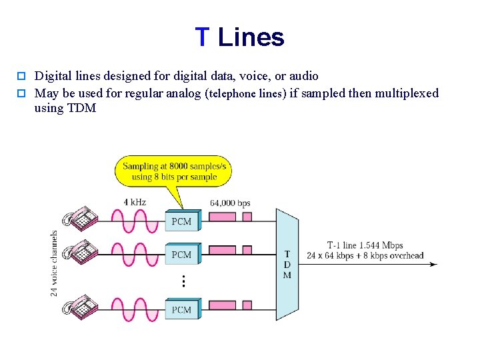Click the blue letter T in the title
coord(203,37)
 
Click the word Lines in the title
coord(251,37)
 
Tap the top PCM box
coord(181,221)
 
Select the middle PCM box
coord(181,255)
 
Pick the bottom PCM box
coord(181,309)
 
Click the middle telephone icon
coord(79,251)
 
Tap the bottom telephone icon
coord(79,306)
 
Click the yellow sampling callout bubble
coord(174,171)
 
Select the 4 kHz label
coord(135,202)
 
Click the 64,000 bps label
coord(230,203)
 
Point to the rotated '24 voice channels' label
coord(54,263)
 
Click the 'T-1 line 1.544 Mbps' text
coord(365,245)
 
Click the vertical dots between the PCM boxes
coord(183,282)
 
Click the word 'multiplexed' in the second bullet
coord(407,93)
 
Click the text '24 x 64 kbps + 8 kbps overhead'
coord(365,255)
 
